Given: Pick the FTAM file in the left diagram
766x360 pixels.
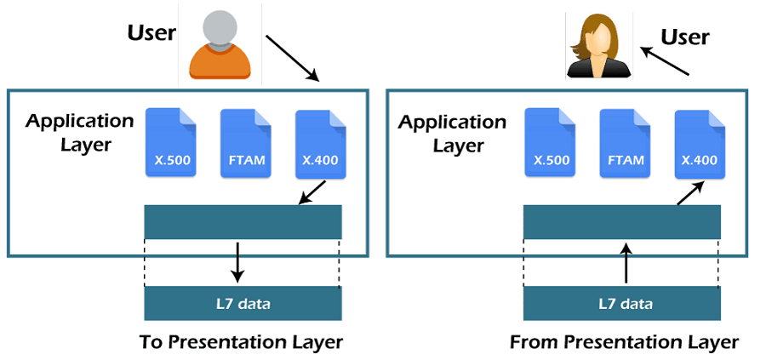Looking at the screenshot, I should [245, 142].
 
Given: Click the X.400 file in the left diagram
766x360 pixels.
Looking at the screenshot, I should [319, 142].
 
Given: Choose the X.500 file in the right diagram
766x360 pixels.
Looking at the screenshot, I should [550, 142].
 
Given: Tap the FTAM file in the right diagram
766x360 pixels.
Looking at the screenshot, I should [624, 142].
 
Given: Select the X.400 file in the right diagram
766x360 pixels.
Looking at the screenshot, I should [699, 142].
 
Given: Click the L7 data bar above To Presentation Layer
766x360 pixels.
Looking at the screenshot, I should [243, 303].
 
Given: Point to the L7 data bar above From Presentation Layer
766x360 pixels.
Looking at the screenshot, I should [622, 303].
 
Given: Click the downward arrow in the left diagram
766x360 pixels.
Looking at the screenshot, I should [238, 263].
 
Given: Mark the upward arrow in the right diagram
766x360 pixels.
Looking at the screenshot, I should [626, 263].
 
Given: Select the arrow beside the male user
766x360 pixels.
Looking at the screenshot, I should [292, 57].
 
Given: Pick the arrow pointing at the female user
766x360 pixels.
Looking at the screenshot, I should [663, 62].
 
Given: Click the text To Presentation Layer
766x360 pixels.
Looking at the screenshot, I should [241, 342].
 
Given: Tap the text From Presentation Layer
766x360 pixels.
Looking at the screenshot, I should [624, 342].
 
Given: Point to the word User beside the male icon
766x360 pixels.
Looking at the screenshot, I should [151, 33].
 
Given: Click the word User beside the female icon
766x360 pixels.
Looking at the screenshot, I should [685, 37].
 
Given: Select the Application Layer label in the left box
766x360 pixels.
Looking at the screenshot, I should [79, 132].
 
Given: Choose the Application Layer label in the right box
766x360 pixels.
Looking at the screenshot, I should [452, 134].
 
